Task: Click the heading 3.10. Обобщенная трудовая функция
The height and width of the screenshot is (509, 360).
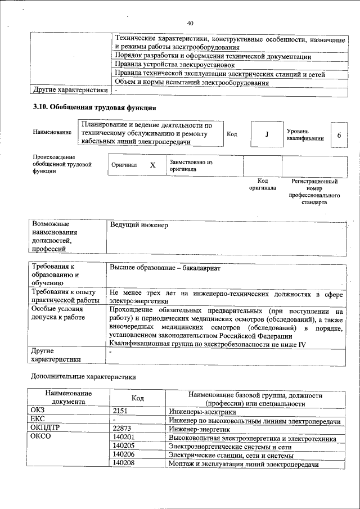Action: pos(94,107)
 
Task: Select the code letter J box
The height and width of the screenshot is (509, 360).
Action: pos(267,134)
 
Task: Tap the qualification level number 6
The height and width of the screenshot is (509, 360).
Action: pos(339,135)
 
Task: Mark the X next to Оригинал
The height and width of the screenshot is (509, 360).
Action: pos(152,165)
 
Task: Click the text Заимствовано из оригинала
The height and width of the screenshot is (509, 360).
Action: pos(190,165)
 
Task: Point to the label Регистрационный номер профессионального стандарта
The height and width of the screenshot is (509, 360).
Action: pos(314,191)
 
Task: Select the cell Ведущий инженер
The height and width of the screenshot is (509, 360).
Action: pos(139,225)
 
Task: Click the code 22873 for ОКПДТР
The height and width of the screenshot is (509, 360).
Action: pos(122,429)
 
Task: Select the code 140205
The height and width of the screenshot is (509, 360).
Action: pos(124,446)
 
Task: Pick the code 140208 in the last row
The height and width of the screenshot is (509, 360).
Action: pos(124,463)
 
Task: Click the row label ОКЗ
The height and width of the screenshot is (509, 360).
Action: pos(39,412)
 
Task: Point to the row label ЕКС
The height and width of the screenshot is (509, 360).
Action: pos(39,420)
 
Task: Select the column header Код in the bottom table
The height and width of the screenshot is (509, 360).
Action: pos(137,398)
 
